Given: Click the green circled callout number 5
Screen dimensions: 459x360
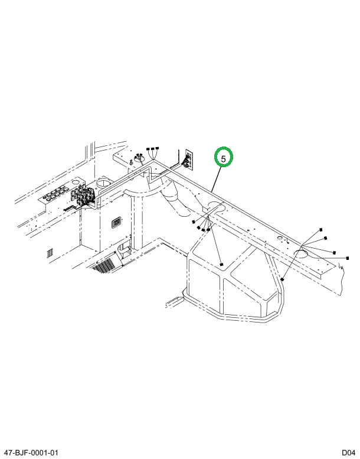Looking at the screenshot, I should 224,158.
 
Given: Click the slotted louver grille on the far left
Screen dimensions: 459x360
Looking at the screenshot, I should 50,253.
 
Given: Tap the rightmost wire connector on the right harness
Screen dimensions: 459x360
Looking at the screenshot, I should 348,258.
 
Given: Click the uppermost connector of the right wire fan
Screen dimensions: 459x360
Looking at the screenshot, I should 320,229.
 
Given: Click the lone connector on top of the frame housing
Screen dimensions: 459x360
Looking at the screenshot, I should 221,263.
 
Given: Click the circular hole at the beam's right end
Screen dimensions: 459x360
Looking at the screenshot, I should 300,254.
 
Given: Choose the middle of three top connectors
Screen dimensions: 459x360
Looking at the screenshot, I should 153,148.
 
